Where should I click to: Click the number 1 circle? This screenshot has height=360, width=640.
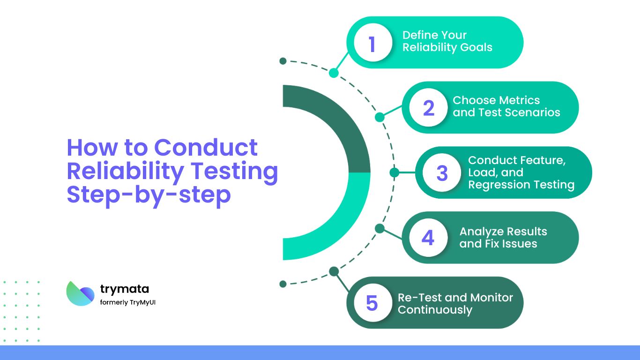click(x=372, y=43)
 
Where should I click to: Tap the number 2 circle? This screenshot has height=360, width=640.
click(x=428, y=108)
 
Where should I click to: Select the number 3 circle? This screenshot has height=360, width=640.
click(x=442, y=172)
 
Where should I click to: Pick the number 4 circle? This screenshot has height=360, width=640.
click(x=428, y=238)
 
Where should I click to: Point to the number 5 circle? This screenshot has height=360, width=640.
click(x=372, y=303)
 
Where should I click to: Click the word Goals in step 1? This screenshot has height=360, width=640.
click(x=475, y=47)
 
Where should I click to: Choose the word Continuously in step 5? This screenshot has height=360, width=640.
click(x=435, y=310)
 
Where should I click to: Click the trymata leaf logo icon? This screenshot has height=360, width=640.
click(x=80, y=293)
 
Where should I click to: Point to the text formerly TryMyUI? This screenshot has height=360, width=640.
click(x=127, y=302)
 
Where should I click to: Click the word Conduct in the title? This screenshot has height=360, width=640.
click(x=206, y=147)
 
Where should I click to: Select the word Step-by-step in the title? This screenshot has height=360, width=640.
click(x=149, y=194)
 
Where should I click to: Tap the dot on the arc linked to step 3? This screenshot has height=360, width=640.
click(x=394, y=172)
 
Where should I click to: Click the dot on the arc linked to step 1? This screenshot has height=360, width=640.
click(x=334, y=73)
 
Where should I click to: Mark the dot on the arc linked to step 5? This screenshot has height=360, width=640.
click(x=334, y=271)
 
